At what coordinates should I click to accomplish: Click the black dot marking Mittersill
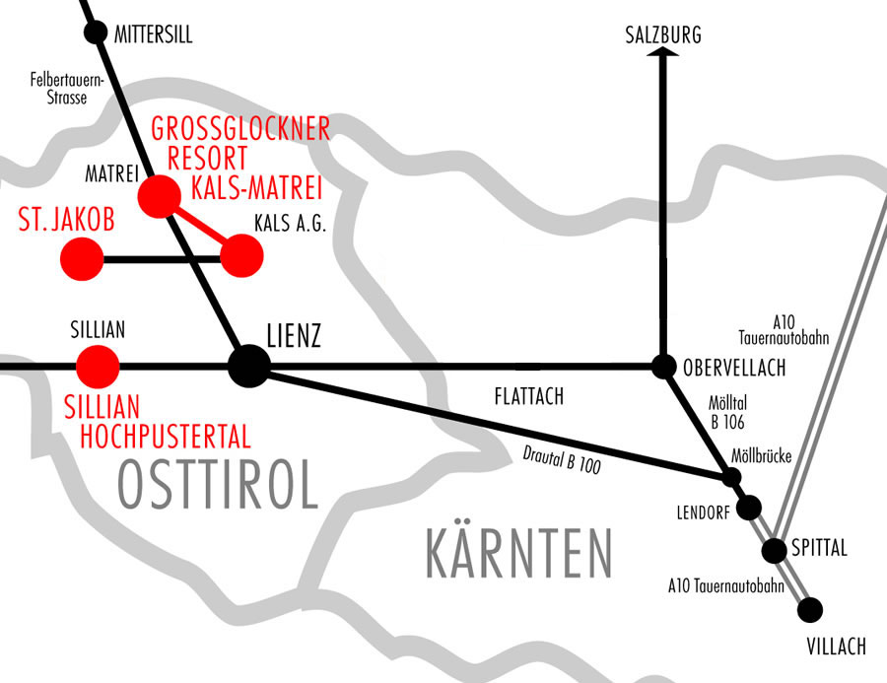click(x=96, y=34)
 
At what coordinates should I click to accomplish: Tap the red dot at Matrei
click(x=158, y=197)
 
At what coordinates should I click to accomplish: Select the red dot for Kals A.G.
click(x=241, y=257)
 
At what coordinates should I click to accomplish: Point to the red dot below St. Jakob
click(x=82, y=260)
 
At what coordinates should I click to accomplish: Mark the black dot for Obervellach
click(x=662, y=366)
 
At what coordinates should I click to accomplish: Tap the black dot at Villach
click(x=810, y=610)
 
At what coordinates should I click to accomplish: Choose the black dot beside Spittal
click(x=776, y=550)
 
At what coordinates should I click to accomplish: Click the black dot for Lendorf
click(x=749, y=509)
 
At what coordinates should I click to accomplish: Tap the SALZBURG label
click(x=662, y=36)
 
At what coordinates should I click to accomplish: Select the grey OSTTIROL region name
click(x=218, y=484)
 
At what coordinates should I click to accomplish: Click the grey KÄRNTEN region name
click(x=518, y=553)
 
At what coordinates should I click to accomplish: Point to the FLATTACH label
click(x=528, y=397)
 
